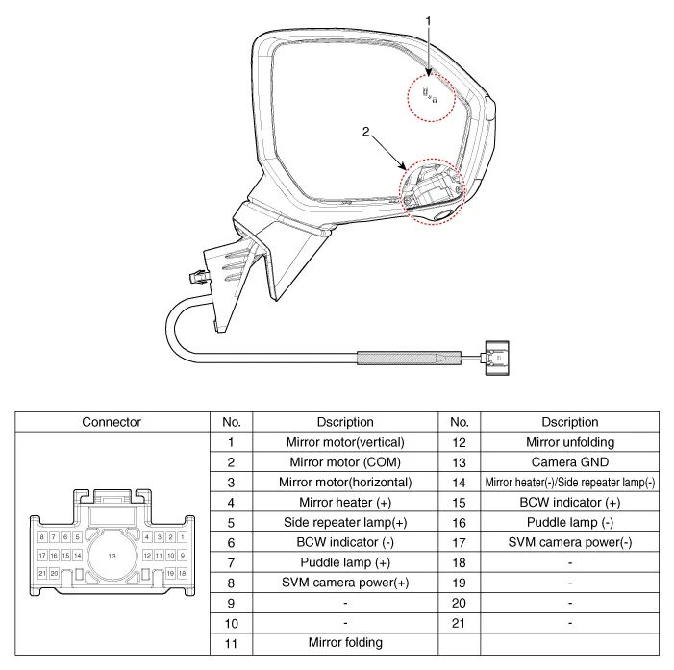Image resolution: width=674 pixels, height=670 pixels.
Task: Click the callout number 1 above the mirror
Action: click(x=430, y=19)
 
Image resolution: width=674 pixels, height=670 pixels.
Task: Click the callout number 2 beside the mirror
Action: click(x=364, y=134)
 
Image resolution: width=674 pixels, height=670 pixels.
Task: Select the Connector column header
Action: click(x=112, y=422)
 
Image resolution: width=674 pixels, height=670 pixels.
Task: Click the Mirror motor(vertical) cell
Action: click(x=345, y=442)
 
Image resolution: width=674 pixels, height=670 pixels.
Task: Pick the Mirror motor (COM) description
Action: click(x=345, y=461)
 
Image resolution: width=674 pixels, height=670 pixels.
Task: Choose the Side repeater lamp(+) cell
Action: click(x=345, y=522)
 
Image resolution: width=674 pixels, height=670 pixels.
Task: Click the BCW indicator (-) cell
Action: click(x=345, y=542)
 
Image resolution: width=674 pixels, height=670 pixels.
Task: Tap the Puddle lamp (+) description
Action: click(x=345, y=562)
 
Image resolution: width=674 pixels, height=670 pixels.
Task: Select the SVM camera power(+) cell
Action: click(x=345, y=583)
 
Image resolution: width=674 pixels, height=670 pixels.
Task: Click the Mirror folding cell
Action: click(x=345, y=642)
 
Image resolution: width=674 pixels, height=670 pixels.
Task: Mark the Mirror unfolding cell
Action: click(x=569, y=442)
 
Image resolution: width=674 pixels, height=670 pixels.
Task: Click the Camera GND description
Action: click(x=569, y=461)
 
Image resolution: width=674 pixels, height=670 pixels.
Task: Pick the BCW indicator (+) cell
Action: click(x=569, y=502)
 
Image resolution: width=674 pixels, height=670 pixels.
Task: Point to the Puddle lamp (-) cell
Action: click(x=569, y=522)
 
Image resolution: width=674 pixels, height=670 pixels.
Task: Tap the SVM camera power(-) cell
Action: click(x=569, y=542)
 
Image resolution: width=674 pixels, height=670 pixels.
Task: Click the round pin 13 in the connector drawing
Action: click(x=112, y=557)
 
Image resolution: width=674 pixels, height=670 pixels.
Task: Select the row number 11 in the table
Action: click(x=231, y=642)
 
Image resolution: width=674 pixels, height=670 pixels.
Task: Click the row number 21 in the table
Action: click(x=459, y=623)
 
